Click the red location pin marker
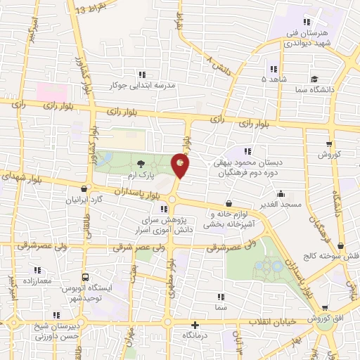point(181,165)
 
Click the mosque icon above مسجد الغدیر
point(281,194)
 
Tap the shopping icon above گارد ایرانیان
point(85,188)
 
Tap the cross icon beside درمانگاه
point(195,326)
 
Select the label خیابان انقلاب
point(268,321)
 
